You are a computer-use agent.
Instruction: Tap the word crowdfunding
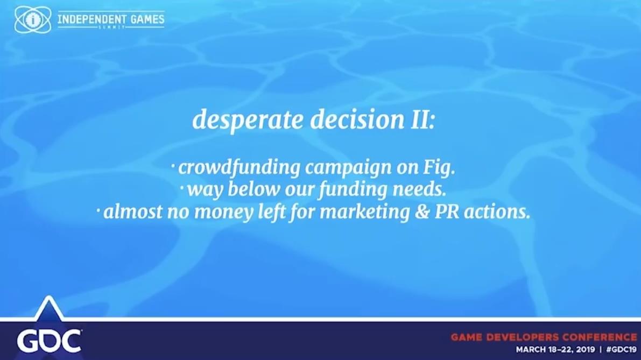click(239, 168)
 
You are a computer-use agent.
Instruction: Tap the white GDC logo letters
click(49, 341)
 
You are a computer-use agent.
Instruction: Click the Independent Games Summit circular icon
click(33, 19)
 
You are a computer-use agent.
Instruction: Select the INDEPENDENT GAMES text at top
click(111, 19)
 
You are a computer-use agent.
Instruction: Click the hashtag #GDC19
click(622, 350)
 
